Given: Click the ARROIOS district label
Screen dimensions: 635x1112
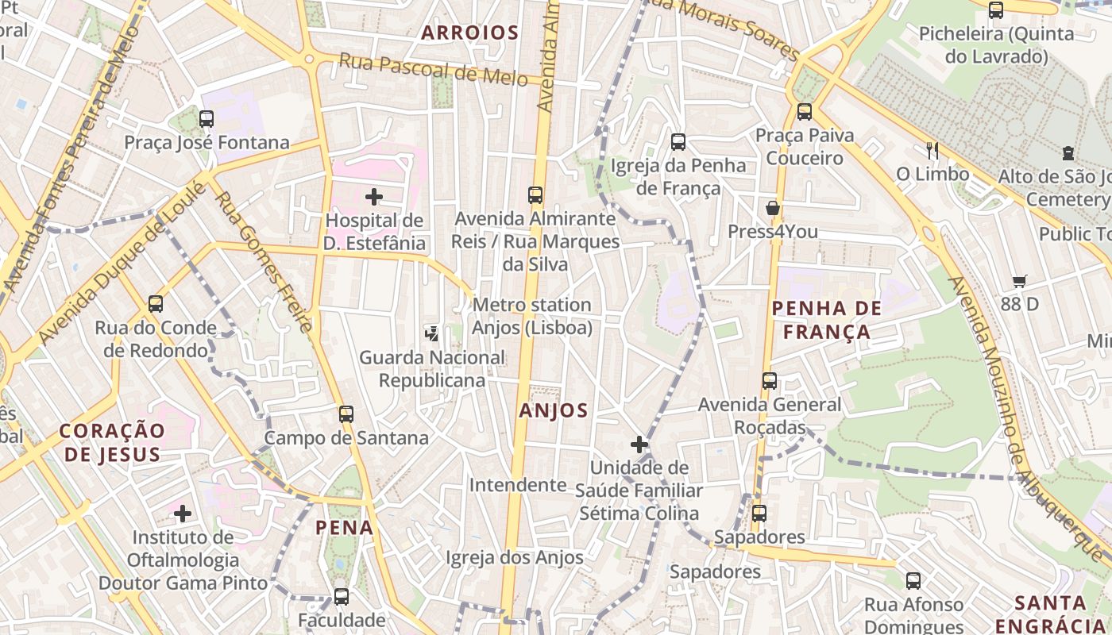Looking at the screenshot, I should (x=469, y=33).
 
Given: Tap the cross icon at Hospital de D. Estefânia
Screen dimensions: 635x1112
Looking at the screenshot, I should (x=373, y=196).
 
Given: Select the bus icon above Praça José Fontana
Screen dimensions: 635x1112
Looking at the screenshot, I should (x=207, y=119).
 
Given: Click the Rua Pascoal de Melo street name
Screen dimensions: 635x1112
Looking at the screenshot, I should (x=433, y=69).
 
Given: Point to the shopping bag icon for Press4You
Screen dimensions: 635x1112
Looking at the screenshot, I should (x=772, y=209).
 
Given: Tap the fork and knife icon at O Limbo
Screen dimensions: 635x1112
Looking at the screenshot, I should (x=932, y=150).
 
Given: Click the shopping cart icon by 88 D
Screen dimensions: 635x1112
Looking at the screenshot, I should (x=1020, y=281).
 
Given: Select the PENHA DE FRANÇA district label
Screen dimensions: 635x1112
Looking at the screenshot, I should (x=827, y=320).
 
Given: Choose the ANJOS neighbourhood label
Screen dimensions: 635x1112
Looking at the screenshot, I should (x=554, y=410).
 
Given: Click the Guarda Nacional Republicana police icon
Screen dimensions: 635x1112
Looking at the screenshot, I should (x=431, y=333).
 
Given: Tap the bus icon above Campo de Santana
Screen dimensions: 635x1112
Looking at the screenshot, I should (x=346, y=414).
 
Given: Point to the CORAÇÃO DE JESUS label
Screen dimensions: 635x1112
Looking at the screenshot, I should (x=112, y=442).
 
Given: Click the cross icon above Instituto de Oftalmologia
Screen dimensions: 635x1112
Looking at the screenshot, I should (x=183, y=514).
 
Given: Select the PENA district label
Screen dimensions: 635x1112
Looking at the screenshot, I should (x=344, y=527).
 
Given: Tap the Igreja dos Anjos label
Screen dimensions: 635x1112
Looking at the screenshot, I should (x=515, y=557).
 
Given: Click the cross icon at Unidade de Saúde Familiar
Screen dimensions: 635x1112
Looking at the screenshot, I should (x=639, y=444).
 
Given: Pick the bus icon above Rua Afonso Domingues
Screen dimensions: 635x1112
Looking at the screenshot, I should (x=913, y=581).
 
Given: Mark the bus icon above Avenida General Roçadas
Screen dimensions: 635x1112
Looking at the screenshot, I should (x=769, y=381).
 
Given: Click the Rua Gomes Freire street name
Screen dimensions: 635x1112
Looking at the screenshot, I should (x=261, y=262).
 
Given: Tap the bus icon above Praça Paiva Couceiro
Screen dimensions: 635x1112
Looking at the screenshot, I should (x=805, y=112).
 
